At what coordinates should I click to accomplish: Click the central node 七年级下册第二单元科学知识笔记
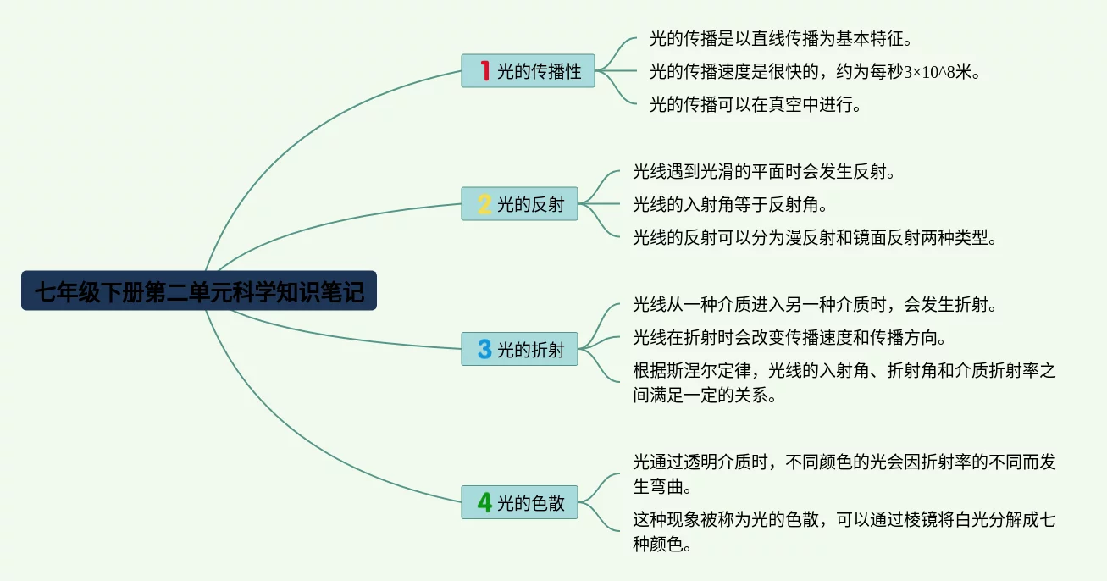(x=199, y=290)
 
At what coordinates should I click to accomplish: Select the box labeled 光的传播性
(x=528, y=70)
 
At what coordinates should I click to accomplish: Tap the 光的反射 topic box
(x=519, y=203)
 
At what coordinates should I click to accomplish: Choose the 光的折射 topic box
(x=519, y=349)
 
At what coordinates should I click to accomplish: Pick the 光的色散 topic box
(x=519, y=502)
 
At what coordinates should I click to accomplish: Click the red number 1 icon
(x=484, y=70)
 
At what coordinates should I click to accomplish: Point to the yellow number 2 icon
(x=484, y=203)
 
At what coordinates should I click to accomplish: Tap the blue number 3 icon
(x=484, y=349)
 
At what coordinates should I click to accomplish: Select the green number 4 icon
(x=484, y=502)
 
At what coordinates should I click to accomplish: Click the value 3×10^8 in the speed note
(x=929, y=72)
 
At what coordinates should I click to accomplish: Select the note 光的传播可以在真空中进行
(x=756, y=105)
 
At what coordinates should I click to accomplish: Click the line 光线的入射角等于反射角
(x=730, y=204)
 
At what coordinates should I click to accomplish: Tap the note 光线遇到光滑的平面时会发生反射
(x=764, y=171)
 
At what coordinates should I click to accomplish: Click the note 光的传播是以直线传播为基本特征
(x=781, y=39)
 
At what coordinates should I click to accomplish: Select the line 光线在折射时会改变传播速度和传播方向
(x=789, y=337)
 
